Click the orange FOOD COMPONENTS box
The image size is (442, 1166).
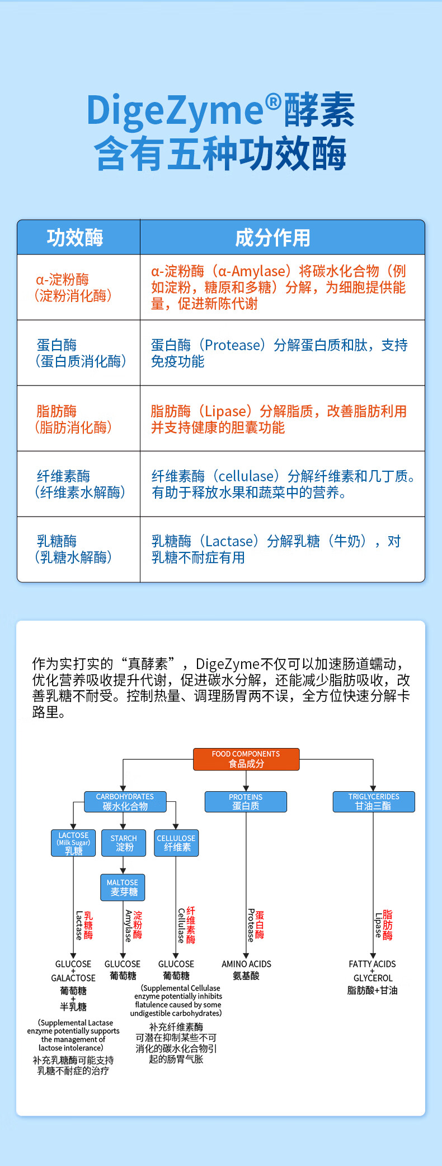246,759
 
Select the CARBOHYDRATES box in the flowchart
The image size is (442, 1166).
125,801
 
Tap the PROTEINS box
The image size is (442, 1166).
246,801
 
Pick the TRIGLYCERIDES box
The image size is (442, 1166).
374,801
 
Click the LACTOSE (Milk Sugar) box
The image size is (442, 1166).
73,843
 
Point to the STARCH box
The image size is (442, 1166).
124,843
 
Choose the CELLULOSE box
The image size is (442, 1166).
176,843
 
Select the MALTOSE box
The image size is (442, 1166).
123,887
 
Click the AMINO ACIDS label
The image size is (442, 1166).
246,964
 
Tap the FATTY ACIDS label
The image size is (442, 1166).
372,964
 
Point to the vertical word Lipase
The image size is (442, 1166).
378,925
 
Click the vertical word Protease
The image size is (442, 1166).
251,925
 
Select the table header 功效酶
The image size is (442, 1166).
75,237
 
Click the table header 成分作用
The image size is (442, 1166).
272,238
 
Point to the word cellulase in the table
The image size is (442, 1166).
244,476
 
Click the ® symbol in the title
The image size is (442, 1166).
272,102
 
